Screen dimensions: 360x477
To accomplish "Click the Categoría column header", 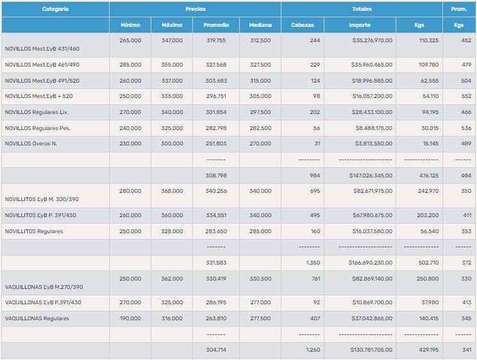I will click(x=55, y=10).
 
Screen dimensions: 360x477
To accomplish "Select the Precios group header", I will click(x=196, y=10).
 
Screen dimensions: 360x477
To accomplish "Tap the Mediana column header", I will click(x=260, y=26).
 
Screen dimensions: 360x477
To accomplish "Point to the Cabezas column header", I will click(x=303, y=26).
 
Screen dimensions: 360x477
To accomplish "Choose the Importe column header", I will click(x=360, y=26).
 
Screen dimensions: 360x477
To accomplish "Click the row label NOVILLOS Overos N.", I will click(x=31, y=143).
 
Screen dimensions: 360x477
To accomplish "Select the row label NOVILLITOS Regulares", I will click(x=34, y=231).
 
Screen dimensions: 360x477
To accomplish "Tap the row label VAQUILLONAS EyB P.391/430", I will click(x=43, y=302).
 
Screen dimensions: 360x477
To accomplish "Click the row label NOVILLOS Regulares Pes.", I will click(x=37, y=128).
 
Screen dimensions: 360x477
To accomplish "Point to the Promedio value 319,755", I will click(x=215, y=40).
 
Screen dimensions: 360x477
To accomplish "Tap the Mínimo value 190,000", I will click(x=130, y=318).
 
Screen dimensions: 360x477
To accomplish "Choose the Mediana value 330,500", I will click(x=260, y=279).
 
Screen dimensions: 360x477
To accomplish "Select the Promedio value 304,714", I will click(x=215, y=350).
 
